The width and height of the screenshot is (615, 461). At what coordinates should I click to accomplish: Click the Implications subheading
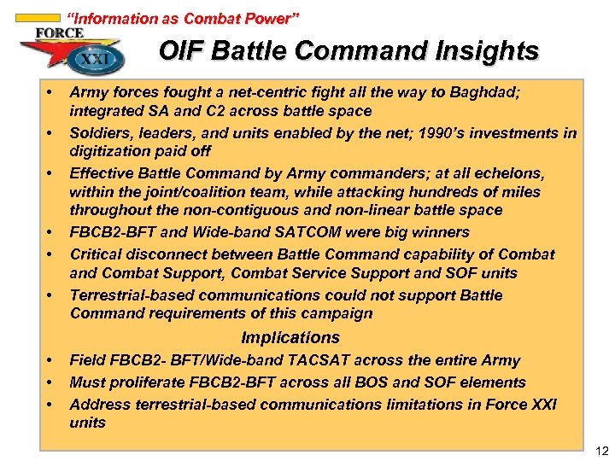coord(290,338)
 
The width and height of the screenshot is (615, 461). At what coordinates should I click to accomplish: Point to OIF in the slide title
coord(181,52)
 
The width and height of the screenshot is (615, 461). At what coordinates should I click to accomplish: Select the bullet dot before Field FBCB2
coord(50,361)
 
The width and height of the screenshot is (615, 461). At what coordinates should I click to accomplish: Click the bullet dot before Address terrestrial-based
coord(50,405)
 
